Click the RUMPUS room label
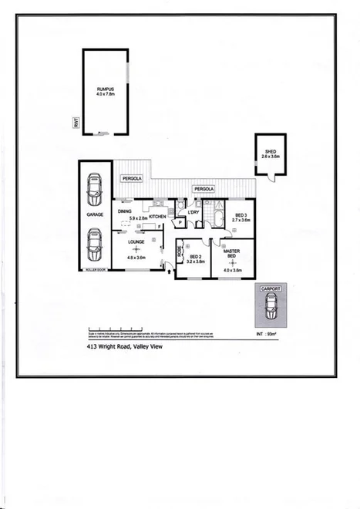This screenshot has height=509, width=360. (105, 89)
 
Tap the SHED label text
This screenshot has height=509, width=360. (271, 152)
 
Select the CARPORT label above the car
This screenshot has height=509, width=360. (270, 288)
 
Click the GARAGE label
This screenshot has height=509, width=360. (95, 216)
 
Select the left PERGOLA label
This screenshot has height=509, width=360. (130, 179)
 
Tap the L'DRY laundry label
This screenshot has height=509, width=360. (193, 212)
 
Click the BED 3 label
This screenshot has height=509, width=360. (241, 215)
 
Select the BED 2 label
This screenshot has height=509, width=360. (195, 257)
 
